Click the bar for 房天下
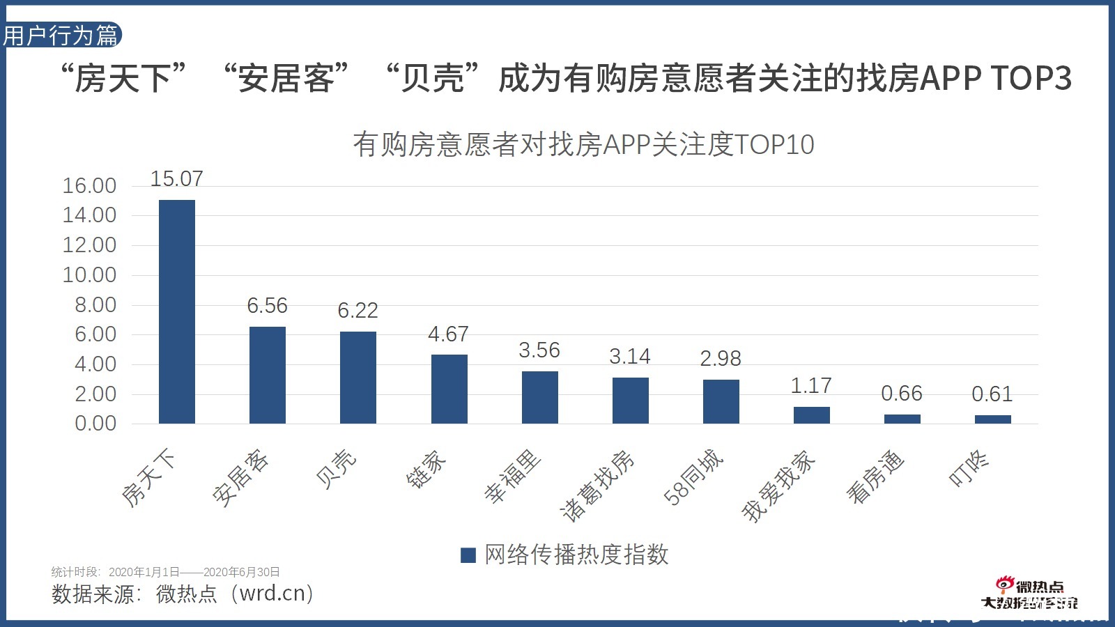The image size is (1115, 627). point(177,311)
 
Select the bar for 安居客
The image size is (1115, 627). point(268,375)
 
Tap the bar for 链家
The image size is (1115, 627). point(449,389)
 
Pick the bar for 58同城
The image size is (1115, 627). point(721,401)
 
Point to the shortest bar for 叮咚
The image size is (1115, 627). point(992,419)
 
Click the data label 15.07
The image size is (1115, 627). point(177,179)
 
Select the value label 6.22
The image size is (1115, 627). point(357,310)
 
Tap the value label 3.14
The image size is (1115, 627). point(629,357)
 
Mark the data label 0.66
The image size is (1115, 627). point(901,394)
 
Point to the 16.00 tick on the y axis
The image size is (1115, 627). point(89,186)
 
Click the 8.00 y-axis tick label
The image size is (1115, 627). point(95,305)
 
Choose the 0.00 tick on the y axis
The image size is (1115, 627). point(95,424)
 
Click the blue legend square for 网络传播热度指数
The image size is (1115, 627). point(468,555)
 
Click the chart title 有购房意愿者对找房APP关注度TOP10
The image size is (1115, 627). point(583,145)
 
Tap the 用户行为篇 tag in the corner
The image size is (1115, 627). point(61,36)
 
